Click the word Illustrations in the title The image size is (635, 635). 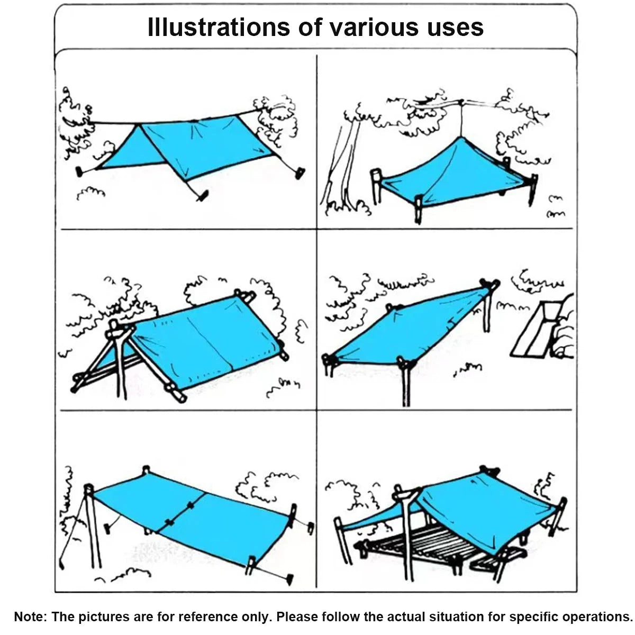click(x=219, y=28)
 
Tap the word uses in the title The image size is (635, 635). click(x=456, y=28)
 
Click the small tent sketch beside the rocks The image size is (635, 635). click(x=534, y=330)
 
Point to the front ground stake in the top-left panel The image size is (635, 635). click(x=203, y=196)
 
